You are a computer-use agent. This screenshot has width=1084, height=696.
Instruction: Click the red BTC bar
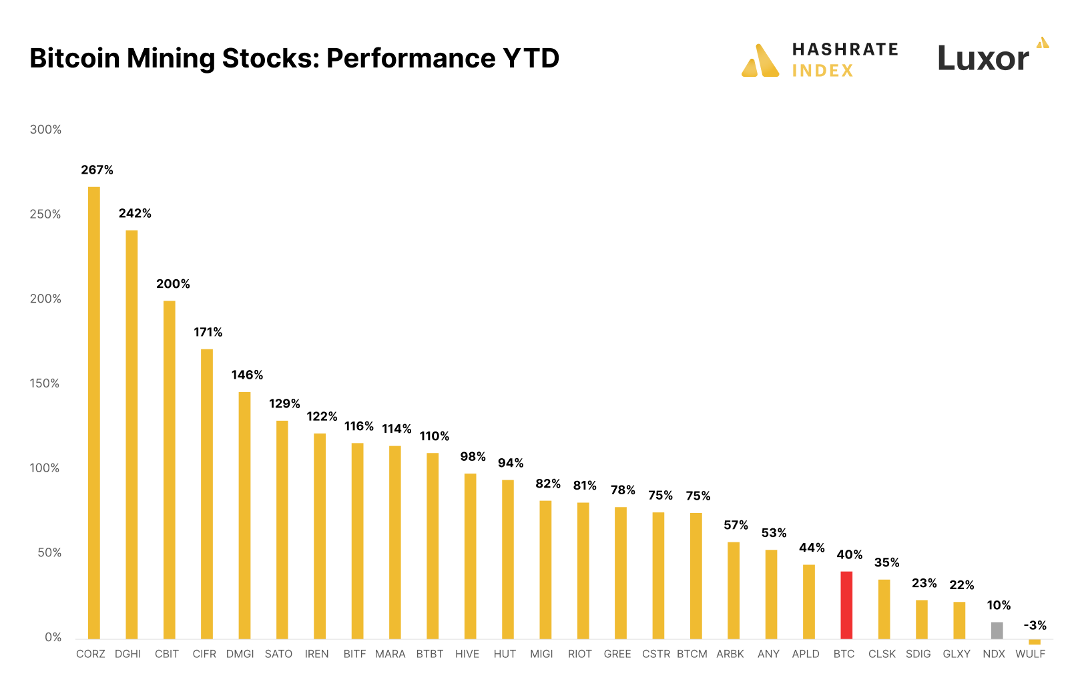coord(846,604)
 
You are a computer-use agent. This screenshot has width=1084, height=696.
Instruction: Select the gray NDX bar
coord(997,630)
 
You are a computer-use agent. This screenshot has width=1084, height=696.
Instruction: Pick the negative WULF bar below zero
coord(1034,642)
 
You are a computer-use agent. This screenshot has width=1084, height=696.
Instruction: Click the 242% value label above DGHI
coord(135,213)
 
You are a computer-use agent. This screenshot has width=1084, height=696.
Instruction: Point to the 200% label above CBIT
coord(173,284)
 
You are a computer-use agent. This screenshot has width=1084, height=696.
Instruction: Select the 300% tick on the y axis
coord(45,130)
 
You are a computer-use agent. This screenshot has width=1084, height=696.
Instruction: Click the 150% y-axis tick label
coord(45,383)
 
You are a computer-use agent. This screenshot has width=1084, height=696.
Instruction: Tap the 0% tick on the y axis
coord(53,637)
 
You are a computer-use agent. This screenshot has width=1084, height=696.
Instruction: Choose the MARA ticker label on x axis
coord(390,654)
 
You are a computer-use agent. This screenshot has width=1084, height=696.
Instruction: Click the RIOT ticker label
coord(579,654)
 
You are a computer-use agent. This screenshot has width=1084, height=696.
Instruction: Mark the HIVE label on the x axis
coord(467,654)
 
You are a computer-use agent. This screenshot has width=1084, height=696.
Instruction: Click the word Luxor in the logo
coord(983,59)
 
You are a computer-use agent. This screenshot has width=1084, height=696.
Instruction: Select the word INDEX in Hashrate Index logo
coord(822,71)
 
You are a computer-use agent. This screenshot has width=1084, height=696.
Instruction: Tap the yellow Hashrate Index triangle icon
coord(760,61)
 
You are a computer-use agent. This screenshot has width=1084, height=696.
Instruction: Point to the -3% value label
coord(1035,625)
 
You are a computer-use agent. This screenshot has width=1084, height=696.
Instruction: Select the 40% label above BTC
coord(849,554)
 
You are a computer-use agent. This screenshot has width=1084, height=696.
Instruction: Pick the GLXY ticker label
coord(956,654)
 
